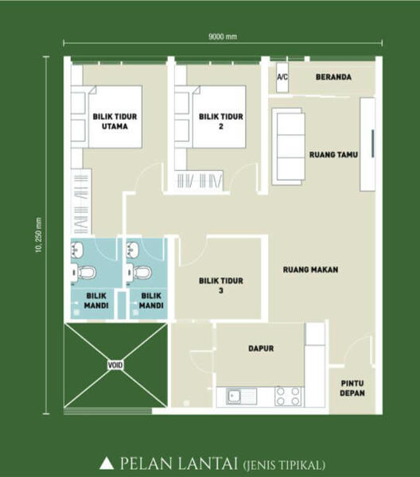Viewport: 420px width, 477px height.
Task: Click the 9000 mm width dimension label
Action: (x=223, y=37)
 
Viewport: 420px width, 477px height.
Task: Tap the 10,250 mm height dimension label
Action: (x=39, y=235)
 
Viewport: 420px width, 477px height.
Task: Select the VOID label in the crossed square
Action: (x=115, y=365)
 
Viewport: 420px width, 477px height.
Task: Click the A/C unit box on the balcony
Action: (x=282, y=78)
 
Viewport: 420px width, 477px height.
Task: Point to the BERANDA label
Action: (x=333, y=77)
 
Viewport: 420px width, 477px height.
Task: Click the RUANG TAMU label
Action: (x=333, y=154)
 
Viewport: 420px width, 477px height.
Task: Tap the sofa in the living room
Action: (x=289, y=146)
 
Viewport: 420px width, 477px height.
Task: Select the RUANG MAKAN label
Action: (x=310, y=270)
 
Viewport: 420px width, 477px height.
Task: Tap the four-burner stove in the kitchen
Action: (x=288, y=397)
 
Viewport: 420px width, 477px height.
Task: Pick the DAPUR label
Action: (x=261, y=348)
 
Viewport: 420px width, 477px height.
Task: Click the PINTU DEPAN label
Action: (x=352, y=388)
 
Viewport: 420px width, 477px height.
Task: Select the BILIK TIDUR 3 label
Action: (x=221, y=285)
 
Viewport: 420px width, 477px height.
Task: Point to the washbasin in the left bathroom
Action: (x=76, y=250)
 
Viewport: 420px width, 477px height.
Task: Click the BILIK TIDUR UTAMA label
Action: (x=115, y=122)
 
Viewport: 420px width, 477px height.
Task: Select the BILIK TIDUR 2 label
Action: (x=221, y=122)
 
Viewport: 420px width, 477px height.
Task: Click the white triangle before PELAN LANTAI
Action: (x=107, y=463)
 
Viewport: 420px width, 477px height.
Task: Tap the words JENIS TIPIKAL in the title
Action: (x=285, y=465)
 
